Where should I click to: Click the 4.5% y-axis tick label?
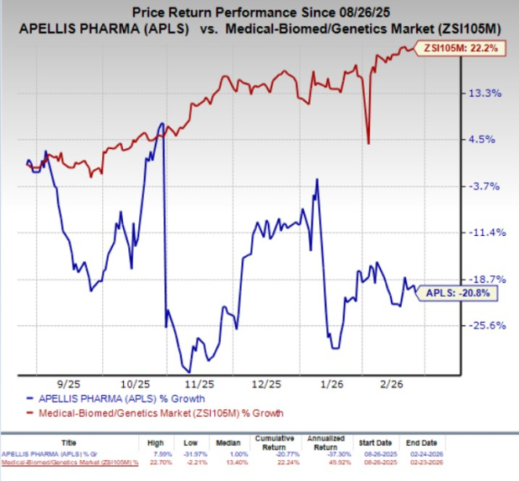485,139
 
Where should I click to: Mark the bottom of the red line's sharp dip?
369,142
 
